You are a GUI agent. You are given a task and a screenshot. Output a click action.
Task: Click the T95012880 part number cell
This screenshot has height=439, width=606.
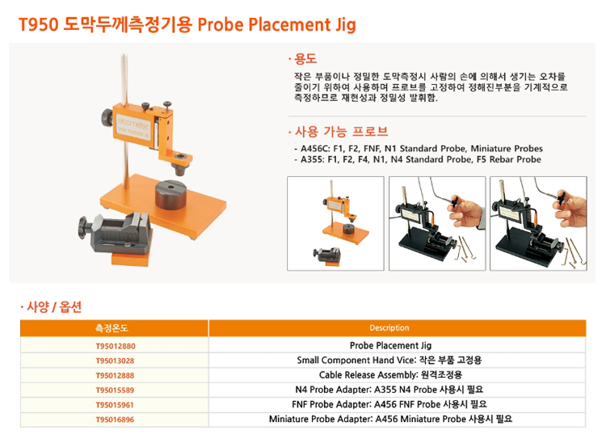(116, 346)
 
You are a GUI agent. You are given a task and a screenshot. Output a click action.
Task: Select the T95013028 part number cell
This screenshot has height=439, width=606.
(116, 361)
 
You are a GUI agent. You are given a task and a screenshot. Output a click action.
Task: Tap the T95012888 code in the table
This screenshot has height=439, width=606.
(115, 375)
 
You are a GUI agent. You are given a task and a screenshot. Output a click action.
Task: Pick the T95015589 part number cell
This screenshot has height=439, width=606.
(116, 390)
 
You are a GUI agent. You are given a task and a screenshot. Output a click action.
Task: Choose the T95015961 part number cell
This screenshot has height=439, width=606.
(115, 404)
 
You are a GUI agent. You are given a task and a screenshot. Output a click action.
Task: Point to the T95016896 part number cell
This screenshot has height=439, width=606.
(116, 420)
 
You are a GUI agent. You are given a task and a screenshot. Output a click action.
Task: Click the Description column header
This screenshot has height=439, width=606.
(389, 328)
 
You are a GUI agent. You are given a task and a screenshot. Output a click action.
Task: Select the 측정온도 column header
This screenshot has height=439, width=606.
(112, 328)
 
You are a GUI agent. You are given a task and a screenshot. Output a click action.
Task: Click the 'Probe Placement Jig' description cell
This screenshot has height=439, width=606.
(390, 345)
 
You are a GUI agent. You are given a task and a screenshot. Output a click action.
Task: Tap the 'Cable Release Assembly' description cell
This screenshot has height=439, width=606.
(390, 375)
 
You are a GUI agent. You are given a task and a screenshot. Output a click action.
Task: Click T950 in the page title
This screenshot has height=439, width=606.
(39, 25)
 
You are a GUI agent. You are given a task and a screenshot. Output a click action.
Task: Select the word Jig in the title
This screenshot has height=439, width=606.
(343, 25)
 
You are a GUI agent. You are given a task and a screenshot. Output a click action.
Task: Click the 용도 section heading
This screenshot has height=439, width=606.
(305, 59)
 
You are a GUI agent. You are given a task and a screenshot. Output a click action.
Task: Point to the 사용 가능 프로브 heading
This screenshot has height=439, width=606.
(341, 132)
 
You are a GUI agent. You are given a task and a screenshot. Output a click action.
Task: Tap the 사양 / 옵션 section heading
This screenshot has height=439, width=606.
(54, 307)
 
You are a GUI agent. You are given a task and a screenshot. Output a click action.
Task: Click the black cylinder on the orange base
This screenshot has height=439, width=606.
(170, 194)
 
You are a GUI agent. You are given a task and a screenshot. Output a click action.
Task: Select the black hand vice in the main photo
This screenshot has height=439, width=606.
(116, 233)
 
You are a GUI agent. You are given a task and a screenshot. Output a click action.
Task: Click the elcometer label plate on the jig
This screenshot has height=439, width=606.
(133, 127)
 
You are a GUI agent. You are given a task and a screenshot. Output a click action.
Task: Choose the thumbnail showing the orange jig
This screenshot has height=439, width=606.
(335, 224)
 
